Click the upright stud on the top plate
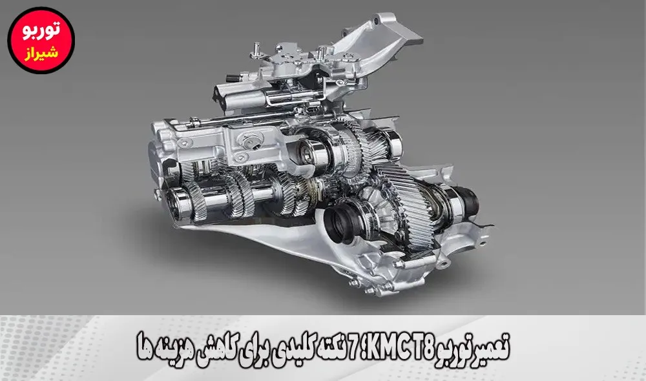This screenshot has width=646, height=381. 258,48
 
